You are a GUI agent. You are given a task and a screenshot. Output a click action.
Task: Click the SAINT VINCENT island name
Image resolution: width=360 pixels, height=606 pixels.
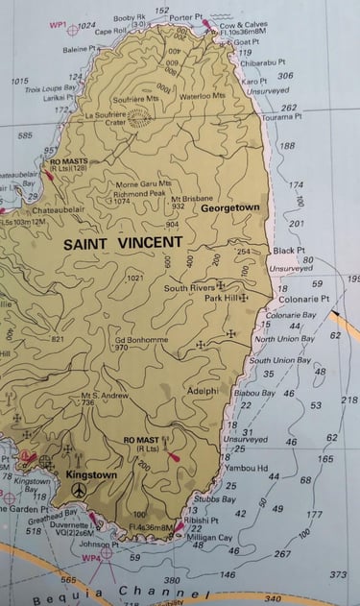pos(118,244)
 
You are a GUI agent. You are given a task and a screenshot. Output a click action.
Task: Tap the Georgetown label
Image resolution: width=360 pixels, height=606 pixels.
pos(230,207)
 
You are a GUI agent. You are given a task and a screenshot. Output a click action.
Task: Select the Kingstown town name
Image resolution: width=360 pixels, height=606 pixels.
pos(91,474)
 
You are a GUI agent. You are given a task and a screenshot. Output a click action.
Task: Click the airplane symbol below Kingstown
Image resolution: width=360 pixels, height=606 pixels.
pos(79,491)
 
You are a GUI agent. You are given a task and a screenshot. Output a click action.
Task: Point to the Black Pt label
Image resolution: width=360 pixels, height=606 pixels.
pos(288,250)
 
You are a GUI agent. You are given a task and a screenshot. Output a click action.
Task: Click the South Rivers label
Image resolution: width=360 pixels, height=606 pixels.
pos(189,287)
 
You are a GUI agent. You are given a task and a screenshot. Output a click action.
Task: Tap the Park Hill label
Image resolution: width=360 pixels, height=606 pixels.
pos(222,299)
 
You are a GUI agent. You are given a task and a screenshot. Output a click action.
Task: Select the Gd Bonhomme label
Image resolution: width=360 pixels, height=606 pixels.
pos(141,339)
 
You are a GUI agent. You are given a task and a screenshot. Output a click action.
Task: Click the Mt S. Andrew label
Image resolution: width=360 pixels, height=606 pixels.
pos(105,394)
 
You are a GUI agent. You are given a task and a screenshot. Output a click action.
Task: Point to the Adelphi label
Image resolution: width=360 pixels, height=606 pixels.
pos(204,391)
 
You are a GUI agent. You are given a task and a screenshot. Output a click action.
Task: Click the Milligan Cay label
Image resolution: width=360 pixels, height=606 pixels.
pos(211,538)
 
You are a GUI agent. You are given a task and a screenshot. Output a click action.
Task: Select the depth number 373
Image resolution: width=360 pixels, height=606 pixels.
pos(338,574)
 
